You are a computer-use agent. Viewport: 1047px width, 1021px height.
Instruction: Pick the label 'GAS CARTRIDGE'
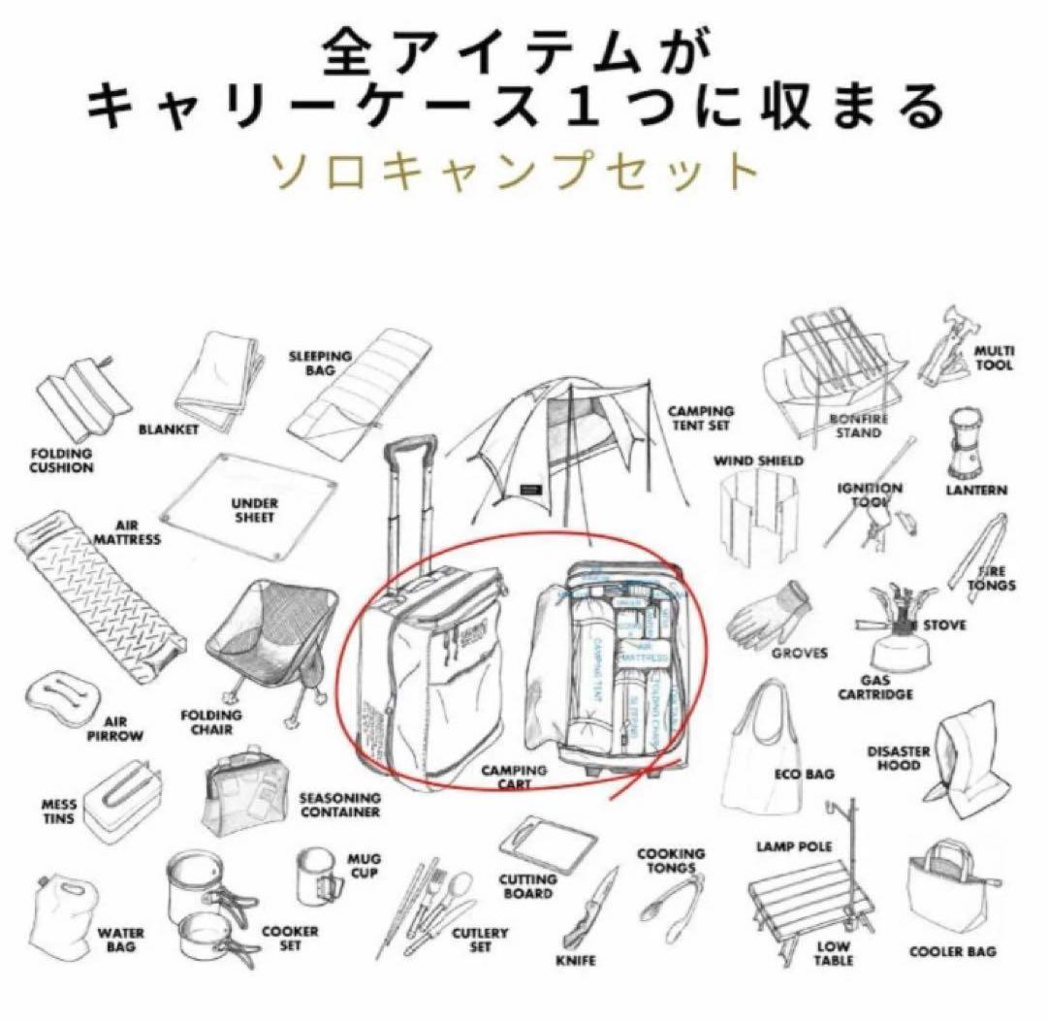pyautogui.click(x=887, y=687)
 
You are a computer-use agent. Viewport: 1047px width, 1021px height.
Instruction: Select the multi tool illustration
pyautogui.click(x=944, y=354)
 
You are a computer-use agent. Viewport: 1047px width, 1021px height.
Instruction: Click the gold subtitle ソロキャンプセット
pyautogui.click(x=523, y=172)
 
